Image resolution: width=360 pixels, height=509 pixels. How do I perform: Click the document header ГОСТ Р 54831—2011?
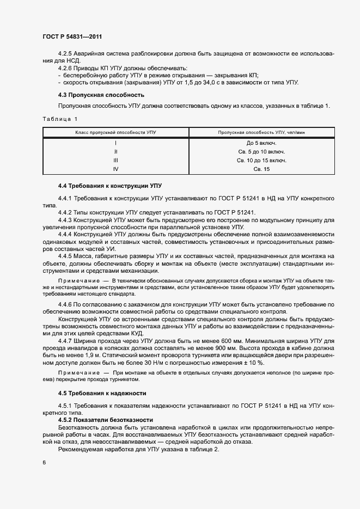[x=72, y=36]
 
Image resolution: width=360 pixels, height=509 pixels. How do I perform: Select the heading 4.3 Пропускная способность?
[x=94, y=95]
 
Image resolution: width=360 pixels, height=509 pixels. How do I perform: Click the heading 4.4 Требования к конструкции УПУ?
[x=110, y=186]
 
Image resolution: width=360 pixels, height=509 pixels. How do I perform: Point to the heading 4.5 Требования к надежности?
[x=102, y=393]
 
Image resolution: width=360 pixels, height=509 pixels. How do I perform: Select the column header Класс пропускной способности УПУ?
[x=115, y=132]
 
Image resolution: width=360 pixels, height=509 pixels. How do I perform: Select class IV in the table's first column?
[x=115, y=169]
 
